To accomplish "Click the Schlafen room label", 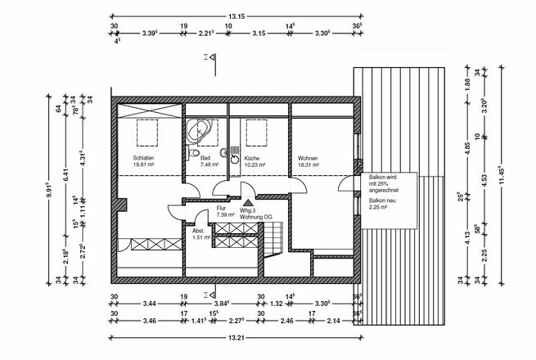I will click(143, 158).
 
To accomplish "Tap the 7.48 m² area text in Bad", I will click(210, 165).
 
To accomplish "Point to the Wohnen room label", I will click(308, 158).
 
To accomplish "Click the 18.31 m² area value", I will click(309, 165).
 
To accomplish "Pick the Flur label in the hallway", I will click(221, 208).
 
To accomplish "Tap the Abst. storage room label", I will click(199, 230).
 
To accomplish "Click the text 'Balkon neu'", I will click(382, 200).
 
